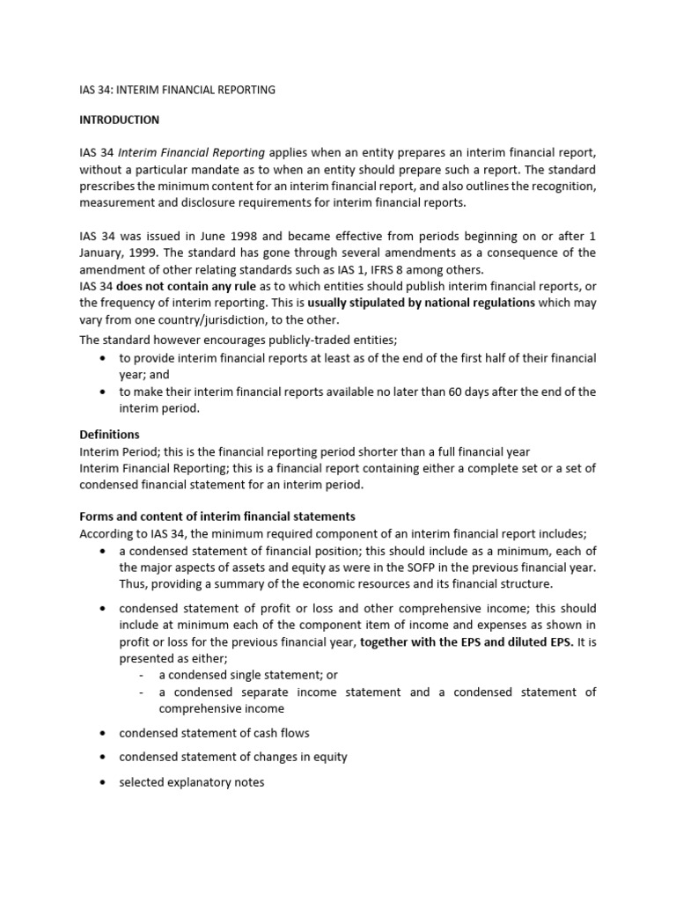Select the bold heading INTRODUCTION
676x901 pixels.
coord(119,120)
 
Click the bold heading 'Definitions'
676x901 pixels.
coord(109,435)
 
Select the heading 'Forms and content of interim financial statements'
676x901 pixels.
coord(217,516)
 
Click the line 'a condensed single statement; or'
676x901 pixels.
coord(248,675)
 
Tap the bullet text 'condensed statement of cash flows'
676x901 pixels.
coord(214,733)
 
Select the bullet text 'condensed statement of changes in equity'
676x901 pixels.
coord(233,757)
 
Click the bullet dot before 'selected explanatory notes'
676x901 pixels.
coord(103,781)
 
